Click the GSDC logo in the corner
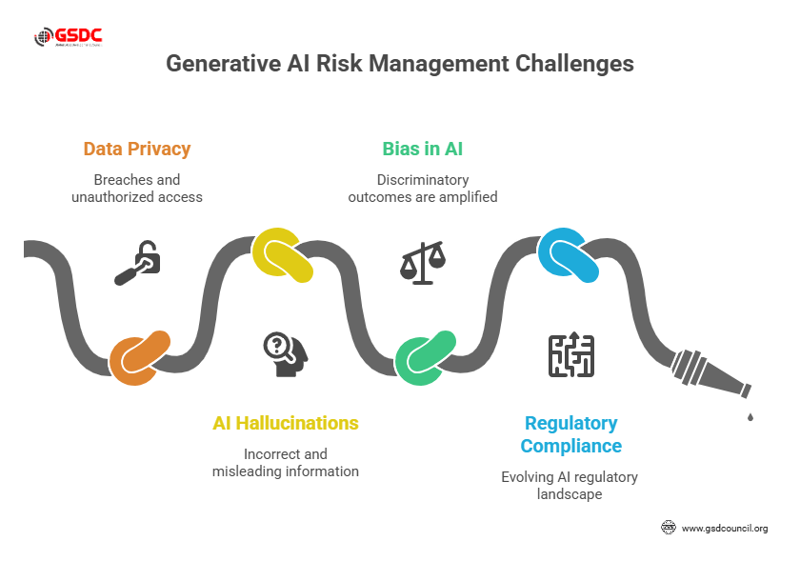68,38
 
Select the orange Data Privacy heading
137,149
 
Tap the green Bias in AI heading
423,149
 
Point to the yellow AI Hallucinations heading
286,423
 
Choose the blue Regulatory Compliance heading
570,434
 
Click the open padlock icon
137,264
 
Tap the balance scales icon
423,262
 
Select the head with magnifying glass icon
285,352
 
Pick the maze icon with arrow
570,353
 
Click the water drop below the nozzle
750,416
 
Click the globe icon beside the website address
668,528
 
